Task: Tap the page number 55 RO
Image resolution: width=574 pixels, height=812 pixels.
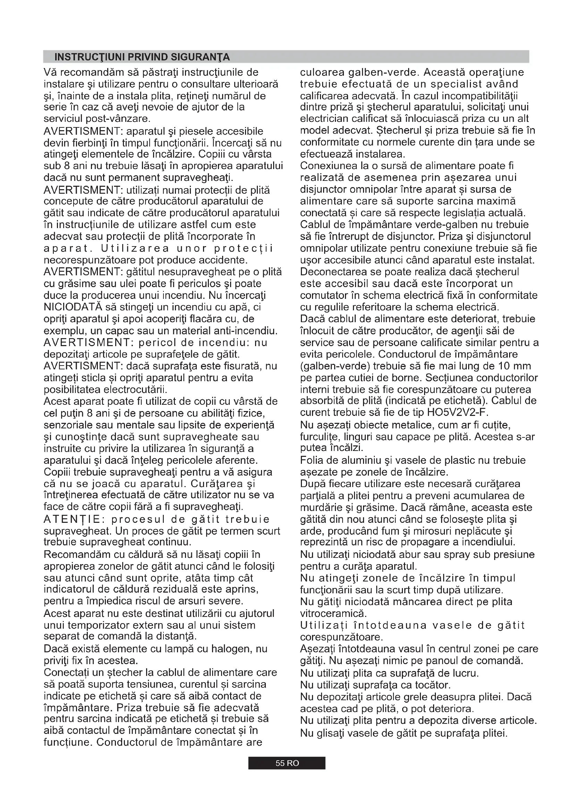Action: pos(287,763)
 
